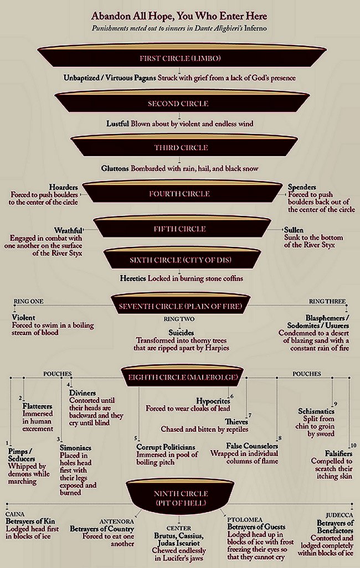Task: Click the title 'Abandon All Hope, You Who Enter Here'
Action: point(179,16)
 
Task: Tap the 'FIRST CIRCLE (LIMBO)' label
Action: point(180,58)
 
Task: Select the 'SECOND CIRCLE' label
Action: point(178,104)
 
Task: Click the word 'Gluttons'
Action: point(115,168)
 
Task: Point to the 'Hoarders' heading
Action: point(64,187)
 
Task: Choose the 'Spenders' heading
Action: point(302,187)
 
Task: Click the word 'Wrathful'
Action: point(68,230)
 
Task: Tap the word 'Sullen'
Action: point(294,230)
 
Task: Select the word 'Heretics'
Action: point(133,278)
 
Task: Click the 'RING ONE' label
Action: point(28,301)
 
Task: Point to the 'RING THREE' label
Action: point(327,301)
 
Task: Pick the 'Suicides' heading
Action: point(181,333)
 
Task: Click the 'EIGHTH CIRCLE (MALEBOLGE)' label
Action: point(183,378)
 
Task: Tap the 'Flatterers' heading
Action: point(37,406)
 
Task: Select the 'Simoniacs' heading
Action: point(75,448)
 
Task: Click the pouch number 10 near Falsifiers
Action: point(353,446)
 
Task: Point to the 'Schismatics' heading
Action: point(316,411)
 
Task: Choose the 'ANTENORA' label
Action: point(117,521)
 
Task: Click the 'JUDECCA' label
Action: point(339,515)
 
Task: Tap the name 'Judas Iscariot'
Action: point(178,543)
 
